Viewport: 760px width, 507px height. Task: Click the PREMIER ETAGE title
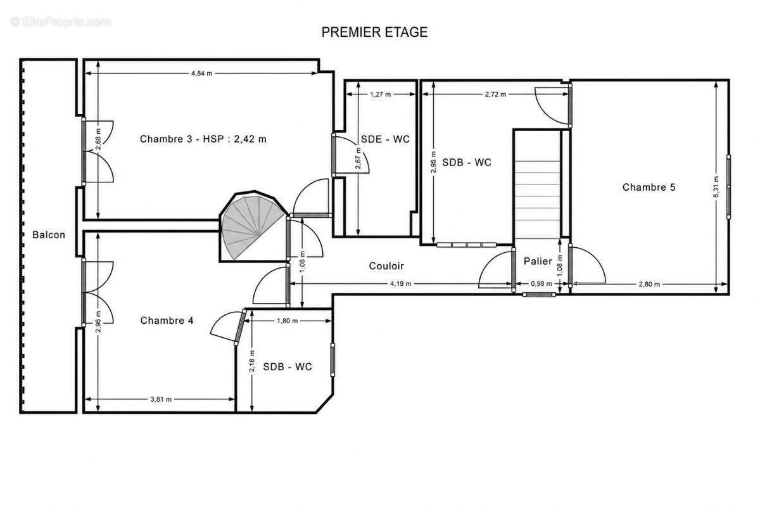click(x=374, y=32)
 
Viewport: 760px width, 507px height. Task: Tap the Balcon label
click(x=49, y=234)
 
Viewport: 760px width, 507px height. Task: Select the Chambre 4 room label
click(x=167, y=320)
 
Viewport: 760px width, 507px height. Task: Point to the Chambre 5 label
click(x=649, y=187)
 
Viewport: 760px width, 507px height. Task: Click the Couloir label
click(x=386, y=266)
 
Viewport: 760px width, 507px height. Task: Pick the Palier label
click(x=538, y=261)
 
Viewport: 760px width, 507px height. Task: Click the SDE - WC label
click(x=385, y=139)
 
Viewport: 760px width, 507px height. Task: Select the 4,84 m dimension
click(x=201, y=74)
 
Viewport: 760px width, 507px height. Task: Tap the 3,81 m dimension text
click(x=161, y=399)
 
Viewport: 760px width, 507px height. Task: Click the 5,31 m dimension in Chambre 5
click(x=716, y=186)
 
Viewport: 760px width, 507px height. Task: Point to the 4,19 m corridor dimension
click(x=400, y=283)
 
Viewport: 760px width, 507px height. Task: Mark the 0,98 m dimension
click(x=541, y=283)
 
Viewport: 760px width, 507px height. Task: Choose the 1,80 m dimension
click(x=287, y=321)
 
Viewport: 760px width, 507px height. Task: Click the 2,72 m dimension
click(x=495, y=94)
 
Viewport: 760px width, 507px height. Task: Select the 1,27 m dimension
click(x=381, y=94)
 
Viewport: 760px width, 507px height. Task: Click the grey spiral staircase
click(x=251, y=225)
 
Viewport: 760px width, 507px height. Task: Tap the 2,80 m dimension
click(x=649, y=284)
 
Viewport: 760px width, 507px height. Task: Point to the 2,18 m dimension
click(x=252, y=361)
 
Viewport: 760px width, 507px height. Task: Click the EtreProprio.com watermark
click(x=61, y=22)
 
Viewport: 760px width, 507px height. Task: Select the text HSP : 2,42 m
click(x=234, y=139)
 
